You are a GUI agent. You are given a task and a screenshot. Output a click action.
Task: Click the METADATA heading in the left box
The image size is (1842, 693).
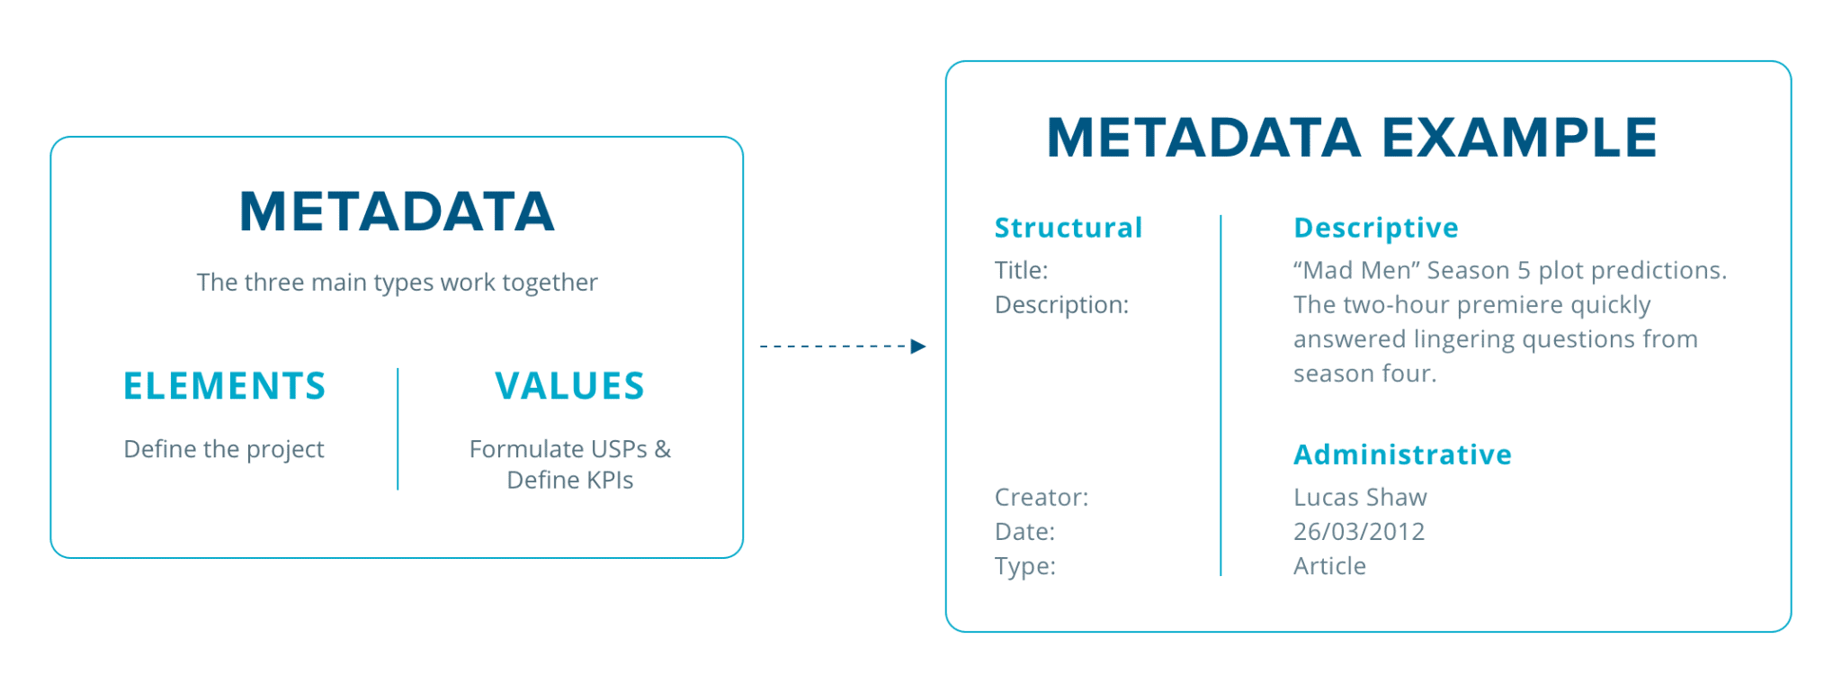[x=397, y=212]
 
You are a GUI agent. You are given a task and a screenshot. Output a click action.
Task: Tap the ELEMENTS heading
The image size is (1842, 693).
[x=224, y=386]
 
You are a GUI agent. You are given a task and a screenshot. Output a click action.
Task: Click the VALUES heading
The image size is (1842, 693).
[x=569, y=386]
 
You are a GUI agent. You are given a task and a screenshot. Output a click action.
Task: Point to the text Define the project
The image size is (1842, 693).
[x=224, y=449]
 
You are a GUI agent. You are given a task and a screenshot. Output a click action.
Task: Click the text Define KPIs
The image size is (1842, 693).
[x=569, y=481]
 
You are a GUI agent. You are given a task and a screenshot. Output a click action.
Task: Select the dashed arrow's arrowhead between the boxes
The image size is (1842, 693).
[x=918, y=346]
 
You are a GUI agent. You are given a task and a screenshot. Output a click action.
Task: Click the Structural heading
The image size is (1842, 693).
[x=1068, y=228]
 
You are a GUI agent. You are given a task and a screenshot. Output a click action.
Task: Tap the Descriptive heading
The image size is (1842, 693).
[x=1375, y=228]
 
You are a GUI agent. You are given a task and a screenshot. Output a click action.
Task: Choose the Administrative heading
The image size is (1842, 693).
[x=1402, y=454]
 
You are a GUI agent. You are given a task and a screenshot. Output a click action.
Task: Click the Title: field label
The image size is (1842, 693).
[x=1021, y=270]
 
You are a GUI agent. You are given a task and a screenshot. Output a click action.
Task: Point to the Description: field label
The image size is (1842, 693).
[x=1061, y=305]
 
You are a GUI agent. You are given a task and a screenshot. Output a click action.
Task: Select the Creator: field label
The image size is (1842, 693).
[x=1041, y=497]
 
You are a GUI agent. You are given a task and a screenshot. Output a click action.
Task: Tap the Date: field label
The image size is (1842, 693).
[x=1024, y=532]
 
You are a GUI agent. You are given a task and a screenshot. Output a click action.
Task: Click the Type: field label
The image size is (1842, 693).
[x=1024, y=566]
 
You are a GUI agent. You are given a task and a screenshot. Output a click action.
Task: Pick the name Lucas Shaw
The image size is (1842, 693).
[x=1360, y=497]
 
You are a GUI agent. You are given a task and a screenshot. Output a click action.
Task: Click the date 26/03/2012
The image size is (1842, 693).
[x=1359, y=532]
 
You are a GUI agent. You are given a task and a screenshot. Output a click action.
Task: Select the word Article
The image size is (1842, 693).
[x=1329, y=566]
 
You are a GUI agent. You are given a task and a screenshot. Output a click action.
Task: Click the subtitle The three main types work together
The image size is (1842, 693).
[x=397, y=283]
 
